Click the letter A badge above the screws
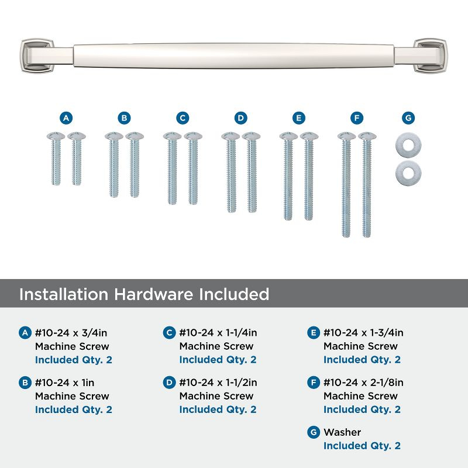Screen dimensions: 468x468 pos(66,118)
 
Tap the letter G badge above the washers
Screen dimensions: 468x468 pos(408,118)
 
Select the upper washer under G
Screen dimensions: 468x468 pos(408,143)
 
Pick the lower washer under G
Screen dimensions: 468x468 pos(408,170)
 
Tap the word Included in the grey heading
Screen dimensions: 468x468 pos(231,294)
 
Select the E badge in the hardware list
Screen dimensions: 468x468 pos(313,333)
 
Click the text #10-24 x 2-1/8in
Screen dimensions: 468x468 pos(363,383)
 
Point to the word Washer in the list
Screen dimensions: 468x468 pos(342,432)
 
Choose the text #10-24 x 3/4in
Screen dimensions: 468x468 pos(71,333)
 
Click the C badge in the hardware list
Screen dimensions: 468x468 pos(169,333)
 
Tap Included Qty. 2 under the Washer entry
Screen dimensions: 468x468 pos(362,446)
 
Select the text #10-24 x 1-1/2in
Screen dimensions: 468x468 pos(218,383)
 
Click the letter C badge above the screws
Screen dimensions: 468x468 pos(183,118)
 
